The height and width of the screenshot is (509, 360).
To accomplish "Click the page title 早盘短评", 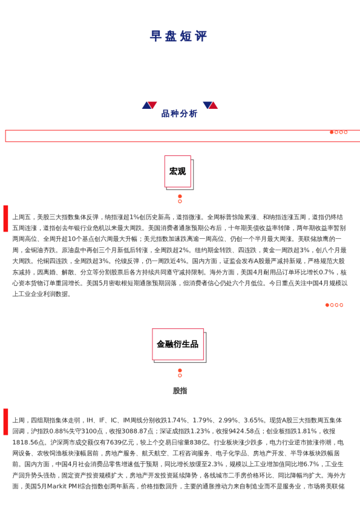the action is (x=179, y=37).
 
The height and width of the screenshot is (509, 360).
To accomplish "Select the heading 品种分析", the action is (x=179, y=114).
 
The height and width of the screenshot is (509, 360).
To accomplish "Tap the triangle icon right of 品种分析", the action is (x=210, y=105).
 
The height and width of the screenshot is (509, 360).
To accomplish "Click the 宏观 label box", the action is (x=178, y=172).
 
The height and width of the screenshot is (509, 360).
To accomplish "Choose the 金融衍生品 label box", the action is (x=178, y=344).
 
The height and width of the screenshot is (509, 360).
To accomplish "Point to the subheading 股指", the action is (x=180, y=391).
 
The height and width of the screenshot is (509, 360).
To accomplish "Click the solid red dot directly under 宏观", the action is (x=180, y=196).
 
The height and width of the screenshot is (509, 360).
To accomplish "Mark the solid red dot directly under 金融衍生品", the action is (x=180, y=370).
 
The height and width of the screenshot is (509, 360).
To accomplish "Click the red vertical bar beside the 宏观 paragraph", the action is (x=6, y=227).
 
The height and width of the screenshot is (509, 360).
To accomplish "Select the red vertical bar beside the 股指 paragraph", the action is (x=6, y=421).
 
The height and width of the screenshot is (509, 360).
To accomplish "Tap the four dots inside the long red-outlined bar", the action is (x=339, y=132).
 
